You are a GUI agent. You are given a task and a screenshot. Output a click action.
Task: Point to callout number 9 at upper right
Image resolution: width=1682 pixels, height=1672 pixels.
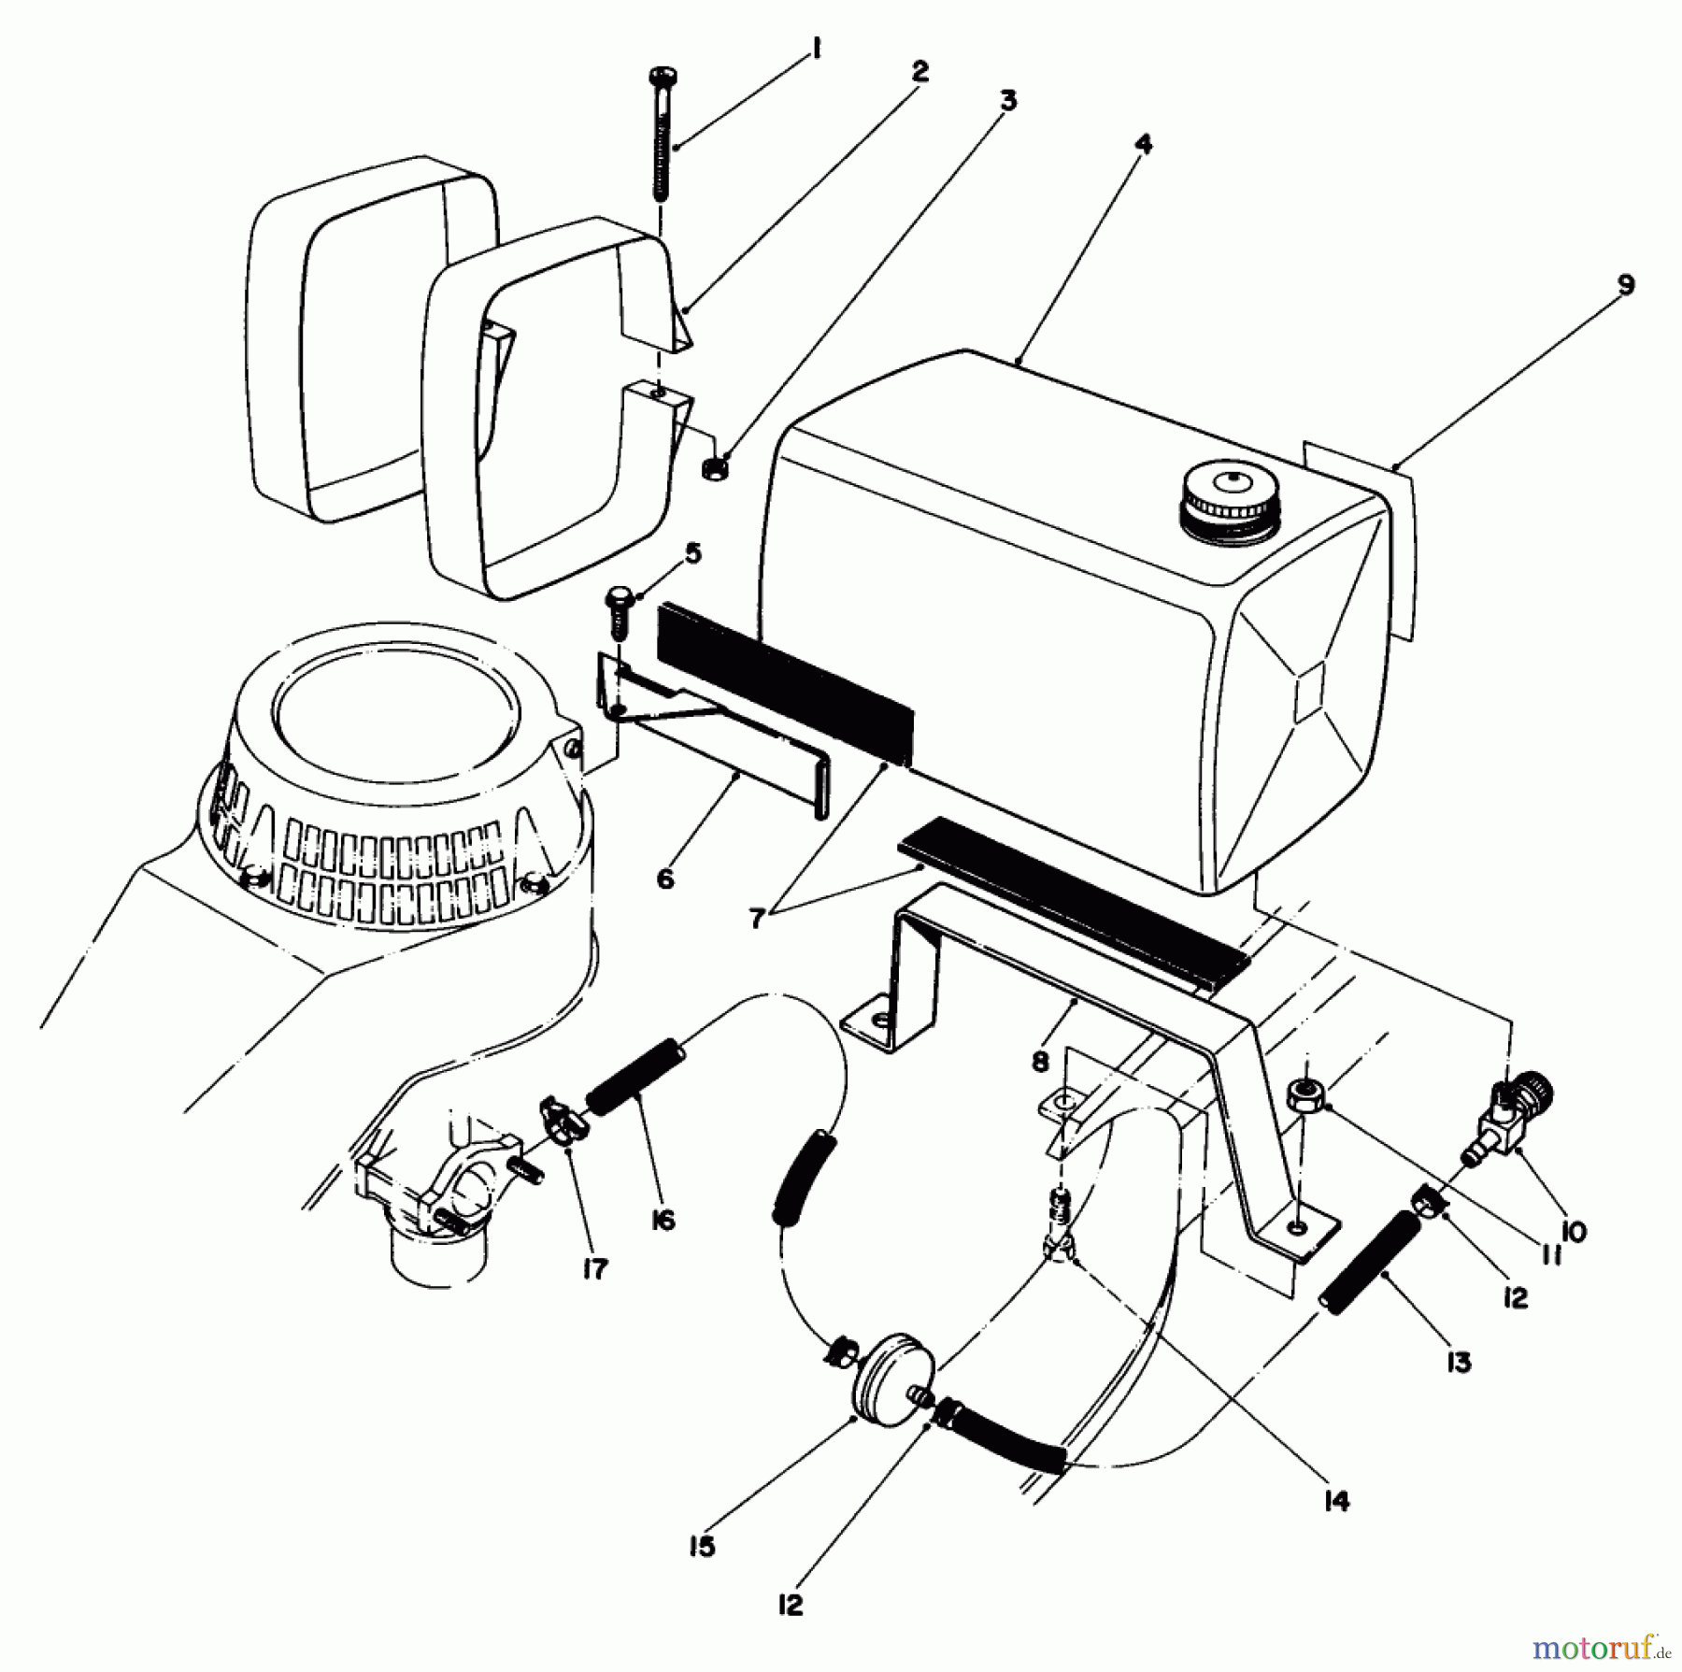pyautogui.click(x=1626, y=284)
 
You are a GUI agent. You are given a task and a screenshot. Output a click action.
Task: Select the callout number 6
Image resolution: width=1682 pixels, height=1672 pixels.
pyautogui.click(x=665, y=879)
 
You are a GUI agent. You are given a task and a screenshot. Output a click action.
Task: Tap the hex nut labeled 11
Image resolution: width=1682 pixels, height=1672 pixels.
pyautogui.click(x=1304, y=1094)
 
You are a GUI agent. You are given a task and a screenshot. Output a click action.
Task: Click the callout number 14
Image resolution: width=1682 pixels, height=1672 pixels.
pyautogui.click(x=1337, y=1501)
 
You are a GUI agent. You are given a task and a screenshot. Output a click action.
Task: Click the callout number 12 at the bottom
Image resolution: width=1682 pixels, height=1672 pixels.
pyautogui.click(x=790, y=1605)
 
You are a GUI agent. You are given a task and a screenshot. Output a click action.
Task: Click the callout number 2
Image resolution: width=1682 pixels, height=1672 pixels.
pyautogui.click(x=919, y=72)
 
